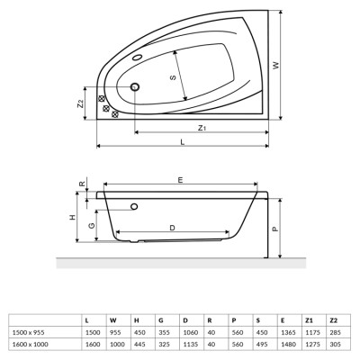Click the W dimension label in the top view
tap(276, 65)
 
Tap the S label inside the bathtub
tap(173, 77)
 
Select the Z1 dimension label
tap(202, 128)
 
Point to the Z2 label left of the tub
tap(80, 103)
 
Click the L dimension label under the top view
tap(183, 142)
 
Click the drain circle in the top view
tap(135, 86)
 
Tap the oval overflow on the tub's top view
tap(138, 58)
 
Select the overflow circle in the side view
tap(134, 206)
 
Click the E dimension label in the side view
tap(180, 180)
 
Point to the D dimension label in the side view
tap(172, 228)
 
